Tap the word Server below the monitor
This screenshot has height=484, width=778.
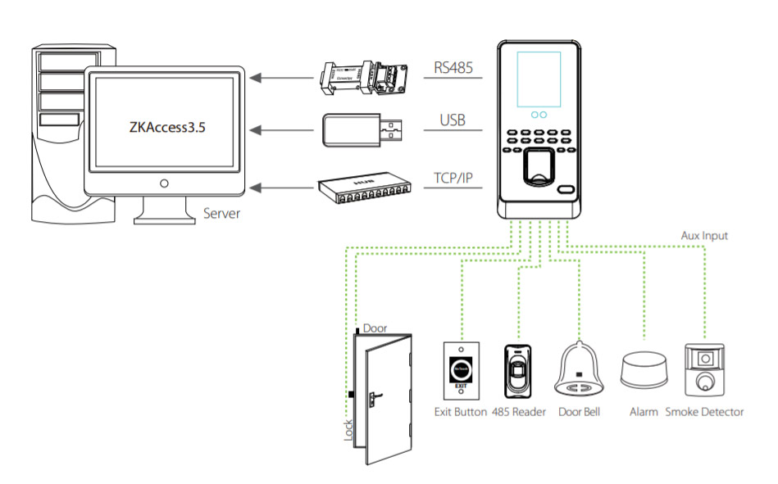(x=221, y=215)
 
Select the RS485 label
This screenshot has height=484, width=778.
(x=453, y=69)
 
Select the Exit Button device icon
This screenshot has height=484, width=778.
(x=461, y=369)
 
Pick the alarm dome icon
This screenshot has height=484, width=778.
(x=644, y=371)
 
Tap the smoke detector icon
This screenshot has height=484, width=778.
(x=704, y=370)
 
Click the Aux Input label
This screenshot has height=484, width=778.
(x=704, y=236)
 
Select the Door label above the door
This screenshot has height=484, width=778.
(x=375, y=328)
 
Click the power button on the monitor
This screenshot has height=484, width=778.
(x=164, y=183)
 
